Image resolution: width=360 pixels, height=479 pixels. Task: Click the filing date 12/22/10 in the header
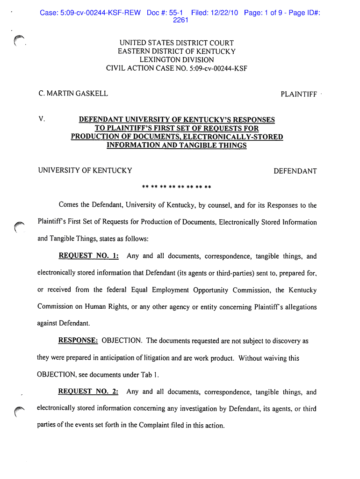click(x=225, y=13)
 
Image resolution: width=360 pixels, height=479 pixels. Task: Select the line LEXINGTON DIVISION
click(x=177, y=60)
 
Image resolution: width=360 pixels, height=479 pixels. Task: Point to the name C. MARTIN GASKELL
click(x=73, y=94)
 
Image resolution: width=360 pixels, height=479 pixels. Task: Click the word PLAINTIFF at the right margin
click(x=298, y=94)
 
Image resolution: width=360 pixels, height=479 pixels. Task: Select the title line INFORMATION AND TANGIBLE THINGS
click(x=177, y=145)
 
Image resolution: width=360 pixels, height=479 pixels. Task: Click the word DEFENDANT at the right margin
click(x=295, y=171)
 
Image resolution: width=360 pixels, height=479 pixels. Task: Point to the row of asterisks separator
click(x=177, y=188)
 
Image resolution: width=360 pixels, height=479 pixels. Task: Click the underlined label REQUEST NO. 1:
click(x=88, y=256)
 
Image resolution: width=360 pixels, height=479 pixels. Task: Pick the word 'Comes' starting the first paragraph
click(x=68, y=205)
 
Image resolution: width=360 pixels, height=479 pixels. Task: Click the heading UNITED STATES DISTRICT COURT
click(x=177, y=43)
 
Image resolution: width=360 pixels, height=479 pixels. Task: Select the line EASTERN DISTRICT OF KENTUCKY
click(x=177, y=51)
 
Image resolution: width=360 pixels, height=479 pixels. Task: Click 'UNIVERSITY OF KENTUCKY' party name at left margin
click(x=85, y=171)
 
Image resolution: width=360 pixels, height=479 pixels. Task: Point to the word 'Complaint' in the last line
click(x=147, y=425)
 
